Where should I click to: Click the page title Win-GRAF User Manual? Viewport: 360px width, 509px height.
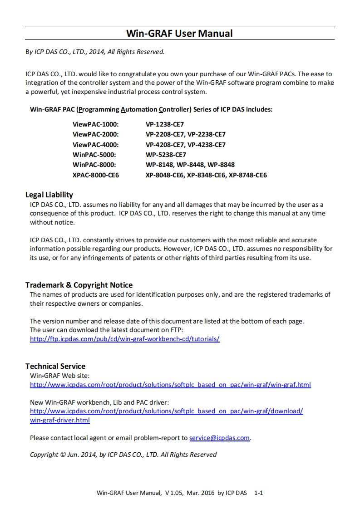[179, 33]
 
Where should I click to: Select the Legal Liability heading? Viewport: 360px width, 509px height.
[49, 195]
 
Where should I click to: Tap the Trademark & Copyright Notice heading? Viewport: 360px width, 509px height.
[79, 285]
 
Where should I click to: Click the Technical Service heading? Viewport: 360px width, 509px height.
[55, 366]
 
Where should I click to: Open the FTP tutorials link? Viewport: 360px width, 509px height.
[124, 339]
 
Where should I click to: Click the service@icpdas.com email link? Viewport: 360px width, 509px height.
[219, 438]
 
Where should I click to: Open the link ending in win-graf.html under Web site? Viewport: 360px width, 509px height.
[170, 385]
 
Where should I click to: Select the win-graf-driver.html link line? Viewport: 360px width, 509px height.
[59, 420]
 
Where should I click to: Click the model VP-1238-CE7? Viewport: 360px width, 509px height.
[165, 124]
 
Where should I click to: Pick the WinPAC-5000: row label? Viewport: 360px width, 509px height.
[94, 155]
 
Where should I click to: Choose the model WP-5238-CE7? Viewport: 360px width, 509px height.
[166, 155]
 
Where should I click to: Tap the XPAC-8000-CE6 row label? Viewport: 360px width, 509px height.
[96, 175]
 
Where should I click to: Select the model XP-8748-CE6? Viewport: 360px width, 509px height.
[248, 175]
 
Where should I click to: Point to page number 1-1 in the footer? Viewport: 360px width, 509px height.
[259, 493]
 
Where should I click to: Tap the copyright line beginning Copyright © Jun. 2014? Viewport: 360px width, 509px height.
[123, 454]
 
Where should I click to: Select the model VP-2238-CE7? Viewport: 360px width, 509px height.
[207, 134]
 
